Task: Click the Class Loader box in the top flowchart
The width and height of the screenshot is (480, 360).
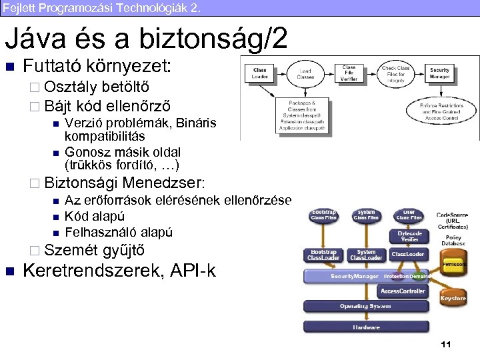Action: pos(260,73)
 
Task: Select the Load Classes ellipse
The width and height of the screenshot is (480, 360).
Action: pos(305,73)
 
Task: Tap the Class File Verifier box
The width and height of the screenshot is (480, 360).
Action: pos(349,73)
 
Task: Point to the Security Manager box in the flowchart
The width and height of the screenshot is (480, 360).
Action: pos(440,73)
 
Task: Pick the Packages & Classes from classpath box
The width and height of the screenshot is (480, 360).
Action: pos(306,115)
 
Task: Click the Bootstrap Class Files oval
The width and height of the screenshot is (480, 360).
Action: pos(324,215)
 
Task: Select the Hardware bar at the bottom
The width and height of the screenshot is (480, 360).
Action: pos(367,327)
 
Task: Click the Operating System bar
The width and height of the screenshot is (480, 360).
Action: pos(367,307)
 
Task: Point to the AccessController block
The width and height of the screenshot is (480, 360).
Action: pos(403,291)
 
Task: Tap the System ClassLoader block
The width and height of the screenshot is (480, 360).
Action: pos(367,255)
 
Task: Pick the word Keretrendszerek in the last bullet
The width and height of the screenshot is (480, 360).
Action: pos(93,271)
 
